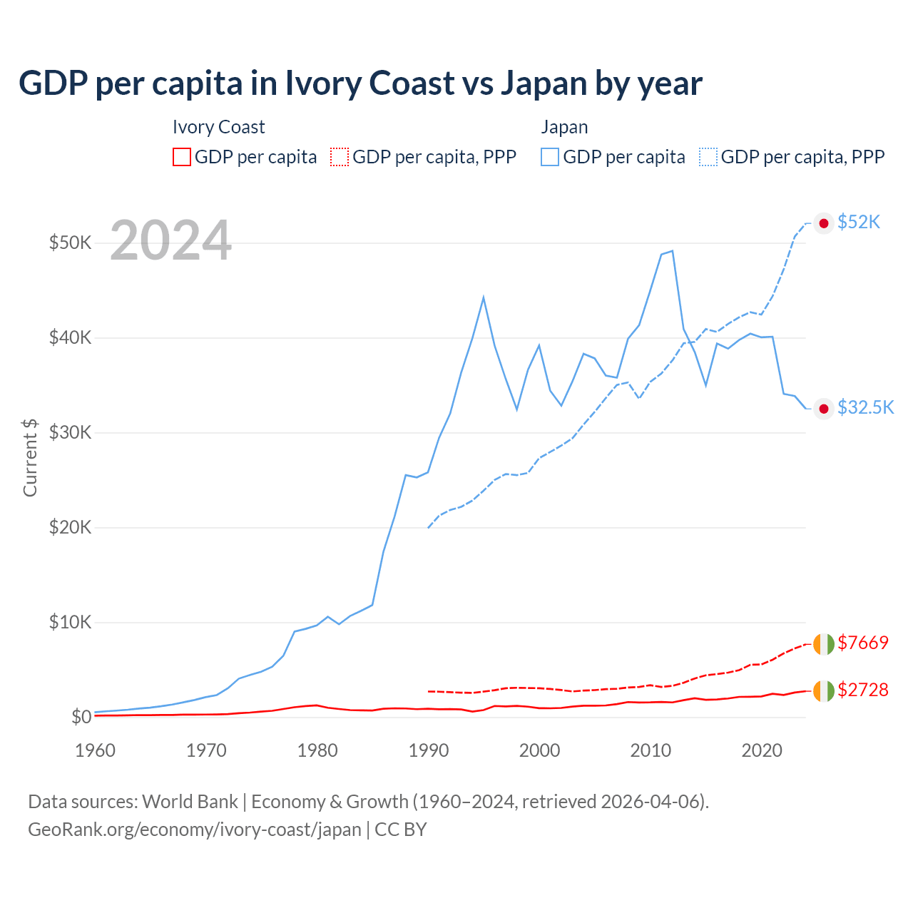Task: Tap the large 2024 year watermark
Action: [171, 241]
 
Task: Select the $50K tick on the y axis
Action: [70, 243]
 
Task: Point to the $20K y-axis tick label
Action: [70, 527]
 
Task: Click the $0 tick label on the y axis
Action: [81, 717]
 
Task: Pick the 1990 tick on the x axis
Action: [429, 750]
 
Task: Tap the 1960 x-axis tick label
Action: [96, 750]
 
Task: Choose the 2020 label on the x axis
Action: [762, 750]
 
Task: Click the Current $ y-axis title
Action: [30, 457]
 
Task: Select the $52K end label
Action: [859, 223]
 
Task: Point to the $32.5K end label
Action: [865, 407]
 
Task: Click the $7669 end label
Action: [863, 643]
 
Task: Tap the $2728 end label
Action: [863, 690]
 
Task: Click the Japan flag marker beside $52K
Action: [824, 223]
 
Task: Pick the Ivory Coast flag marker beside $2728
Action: [824, 690]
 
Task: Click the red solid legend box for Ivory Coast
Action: [182, 157]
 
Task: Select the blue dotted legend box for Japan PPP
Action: [708, 157]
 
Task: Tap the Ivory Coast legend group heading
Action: [218, 127]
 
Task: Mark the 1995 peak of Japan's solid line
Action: [484, 297]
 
